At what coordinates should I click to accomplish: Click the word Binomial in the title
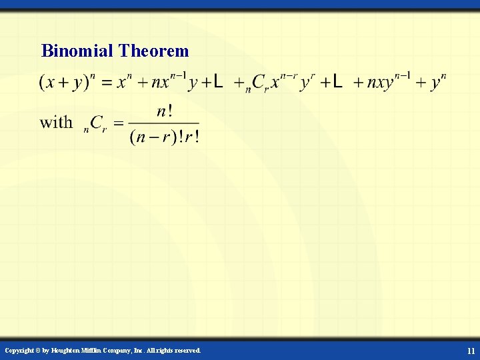tap(77, 51)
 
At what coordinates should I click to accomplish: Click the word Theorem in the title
tap(153, 51)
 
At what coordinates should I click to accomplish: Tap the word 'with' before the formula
tap(56, 122)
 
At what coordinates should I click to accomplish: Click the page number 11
tap(471, 351)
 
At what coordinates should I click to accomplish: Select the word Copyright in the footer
tap(19, 351)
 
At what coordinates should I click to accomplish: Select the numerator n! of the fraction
tap(164, 111)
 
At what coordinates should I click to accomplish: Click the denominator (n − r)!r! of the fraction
tap(164, 137)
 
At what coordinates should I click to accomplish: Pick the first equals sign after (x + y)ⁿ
tap(106, 83)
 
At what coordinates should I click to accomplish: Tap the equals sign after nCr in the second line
tap(118, 123)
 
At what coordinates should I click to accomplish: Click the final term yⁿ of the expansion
tap(438, 82)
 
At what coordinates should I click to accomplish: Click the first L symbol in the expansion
tap(217, 82)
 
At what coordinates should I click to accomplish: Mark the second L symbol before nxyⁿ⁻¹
tap(337, 82)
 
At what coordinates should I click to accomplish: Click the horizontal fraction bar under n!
tap(164, 123)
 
